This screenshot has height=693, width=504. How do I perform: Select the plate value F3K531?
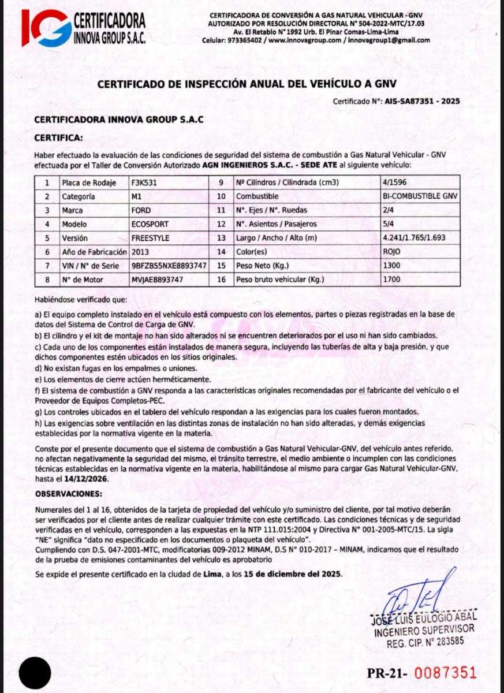[144, 182]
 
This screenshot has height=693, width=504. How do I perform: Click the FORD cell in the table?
[141, 210]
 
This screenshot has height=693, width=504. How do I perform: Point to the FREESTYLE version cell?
[151, 238]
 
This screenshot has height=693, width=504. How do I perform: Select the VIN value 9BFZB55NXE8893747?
[169, 266]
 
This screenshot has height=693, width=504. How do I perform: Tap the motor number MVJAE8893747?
[158, 280]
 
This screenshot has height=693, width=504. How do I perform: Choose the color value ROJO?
[391, 252]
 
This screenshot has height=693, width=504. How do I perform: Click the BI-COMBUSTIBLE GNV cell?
[420, 196]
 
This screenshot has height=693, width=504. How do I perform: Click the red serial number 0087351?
[446, 673]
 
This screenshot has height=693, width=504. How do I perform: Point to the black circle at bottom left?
[35, 673]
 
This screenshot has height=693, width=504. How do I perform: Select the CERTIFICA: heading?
[59, 138]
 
